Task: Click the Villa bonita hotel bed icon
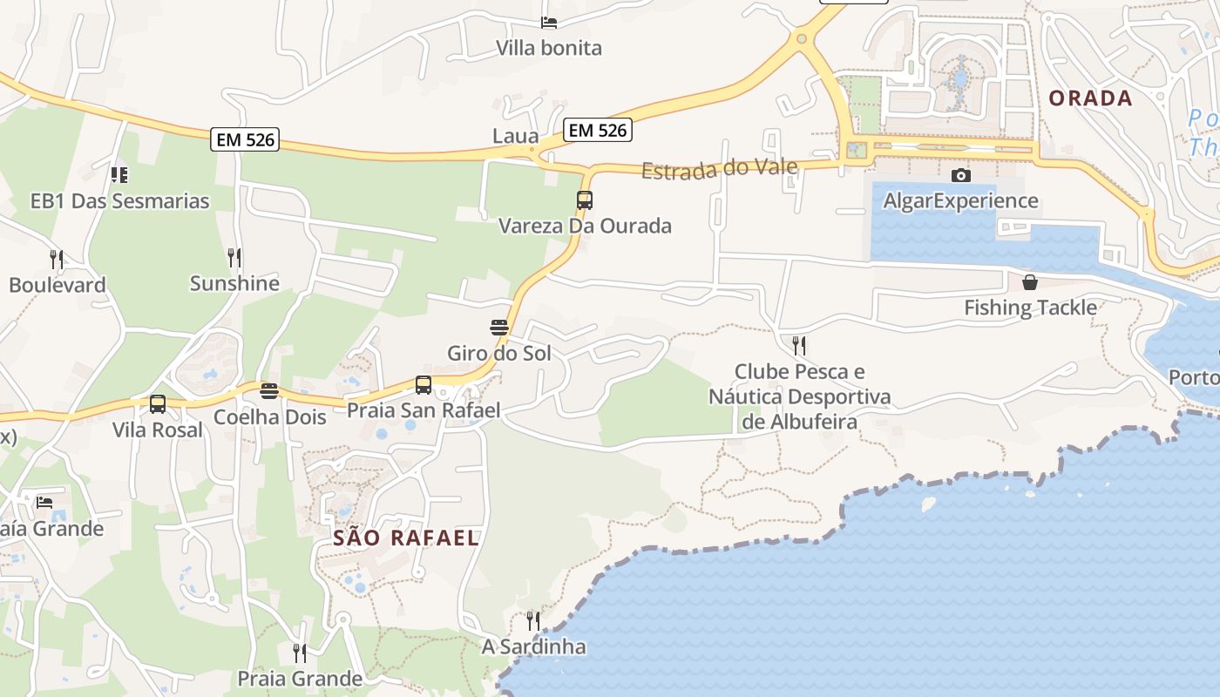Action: [x=549, y=23]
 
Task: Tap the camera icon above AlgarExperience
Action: [x=961, y=176]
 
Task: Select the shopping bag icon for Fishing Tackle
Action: [x=1030, y=282]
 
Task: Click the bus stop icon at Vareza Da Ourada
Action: [x=585, y=200]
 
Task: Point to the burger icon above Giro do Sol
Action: [x=499, y=328]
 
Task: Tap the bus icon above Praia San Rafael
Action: [x=424, y=385]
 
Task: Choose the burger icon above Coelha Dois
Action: [x=269, y=390]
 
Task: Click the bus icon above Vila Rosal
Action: [x=158, y=404]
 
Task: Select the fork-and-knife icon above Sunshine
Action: [x=234, y=258]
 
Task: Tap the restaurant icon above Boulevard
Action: [x=57, y=260]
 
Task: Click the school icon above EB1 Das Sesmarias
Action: [x=119, y=175]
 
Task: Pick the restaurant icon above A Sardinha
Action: [x=533, y=621]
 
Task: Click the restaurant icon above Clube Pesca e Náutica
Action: [x=799, y=346]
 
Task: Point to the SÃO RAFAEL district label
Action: [x=406, y=538]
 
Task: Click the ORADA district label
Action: [x=1090, y=98]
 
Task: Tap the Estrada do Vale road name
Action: [x=720, y=167]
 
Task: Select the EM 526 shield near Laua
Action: [x=597, y=131]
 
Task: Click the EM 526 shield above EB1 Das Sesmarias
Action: [x=245, y=139]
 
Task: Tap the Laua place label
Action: [x=515, y=136]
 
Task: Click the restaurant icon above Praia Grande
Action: [x=300, y=653]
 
